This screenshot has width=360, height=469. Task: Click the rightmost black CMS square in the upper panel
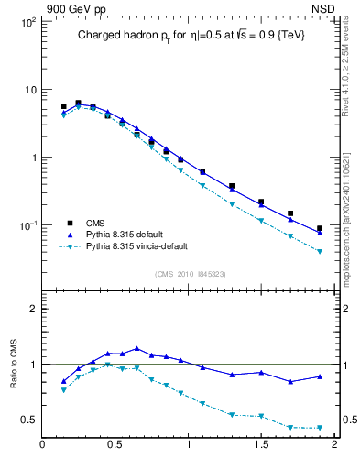tap(320, 228)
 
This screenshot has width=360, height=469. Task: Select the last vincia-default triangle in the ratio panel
tap(320, 428)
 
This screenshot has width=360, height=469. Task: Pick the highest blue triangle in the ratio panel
tap(136, 348)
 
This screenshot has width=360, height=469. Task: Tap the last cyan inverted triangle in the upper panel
tap(320, 251)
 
